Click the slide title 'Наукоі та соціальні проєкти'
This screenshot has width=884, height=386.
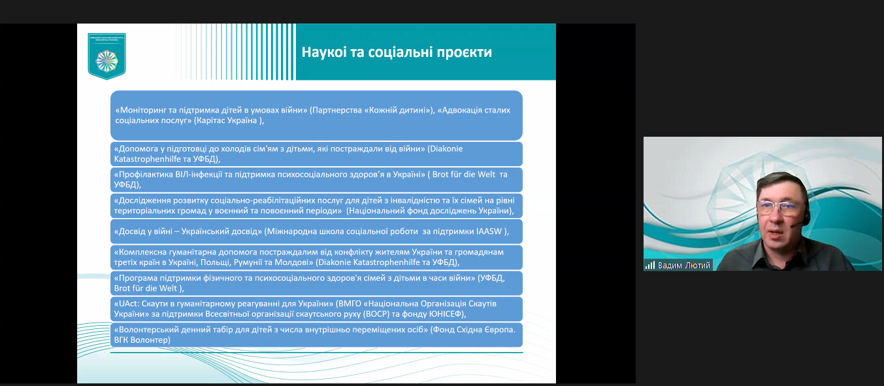point(397,52)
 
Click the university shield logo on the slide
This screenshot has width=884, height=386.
point(106,57)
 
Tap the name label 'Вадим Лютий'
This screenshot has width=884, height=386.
point(683,265)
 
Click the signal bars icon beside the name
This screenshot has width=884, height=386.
point(650,265)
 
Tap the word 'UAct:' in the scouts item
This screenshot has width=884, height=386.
point(126,304)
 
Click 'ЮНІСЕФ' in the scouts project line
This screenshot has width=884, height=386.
point(444,314)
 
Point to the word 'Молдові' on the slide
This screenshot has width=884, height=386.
point(296,262)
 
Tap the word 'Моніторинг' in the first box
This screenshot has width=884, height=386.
point(140,111)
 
